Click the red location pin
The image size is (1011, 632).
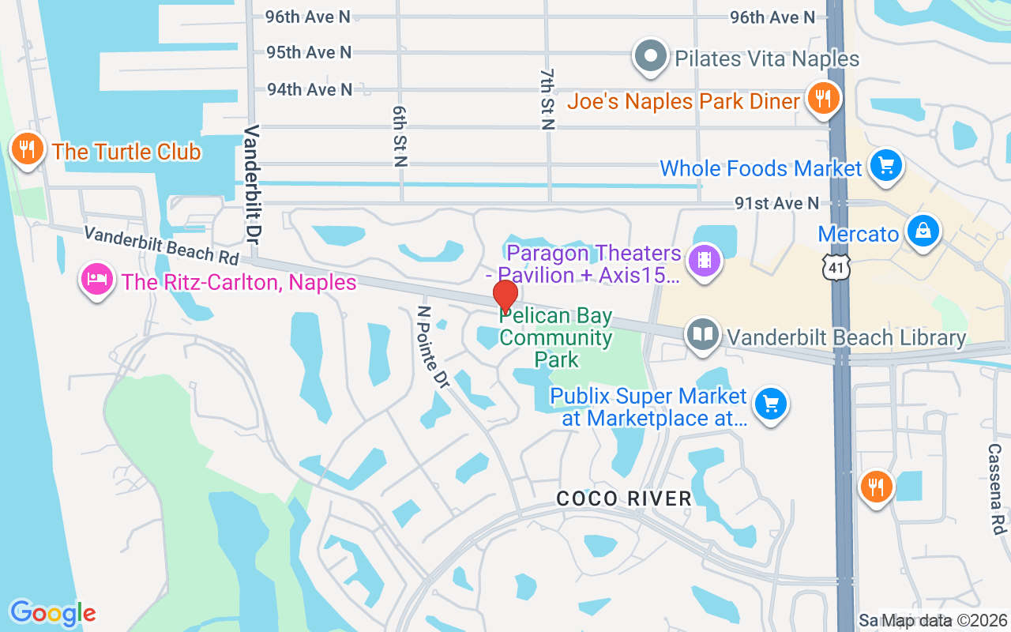tap(505, 296)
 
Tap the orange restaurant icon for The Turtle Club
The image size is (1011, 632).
tap(27, 148)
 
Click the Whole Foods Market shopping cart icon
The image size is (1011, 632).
tap(885, 165)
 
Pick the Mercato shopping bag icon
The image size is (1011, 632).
tap(922, 231)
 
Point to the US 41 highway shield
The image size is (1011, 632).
tap(836, 267)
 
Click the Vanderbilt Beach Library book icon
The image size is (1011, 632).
tap(701, 335)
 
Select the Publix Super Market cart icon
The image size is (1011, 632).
tap(770, 404)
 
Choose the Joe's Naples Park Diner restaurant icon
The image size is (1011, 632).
tap(823, 99)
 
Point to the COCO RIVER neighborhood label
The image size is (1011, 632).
tap(624, 498)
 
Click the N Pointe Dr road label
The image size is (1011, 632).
tap(433, 347)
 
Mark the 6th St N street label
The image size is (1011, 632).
tap(400, 135)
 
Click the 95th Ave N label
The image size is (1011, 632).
tap(309, 52)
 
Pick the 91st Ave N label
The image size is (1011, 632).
tap(777, 203)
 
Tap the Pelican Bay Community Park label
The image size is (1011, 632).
tap(556, 337)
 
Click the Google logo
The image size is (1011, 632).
tap(52, 612)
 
